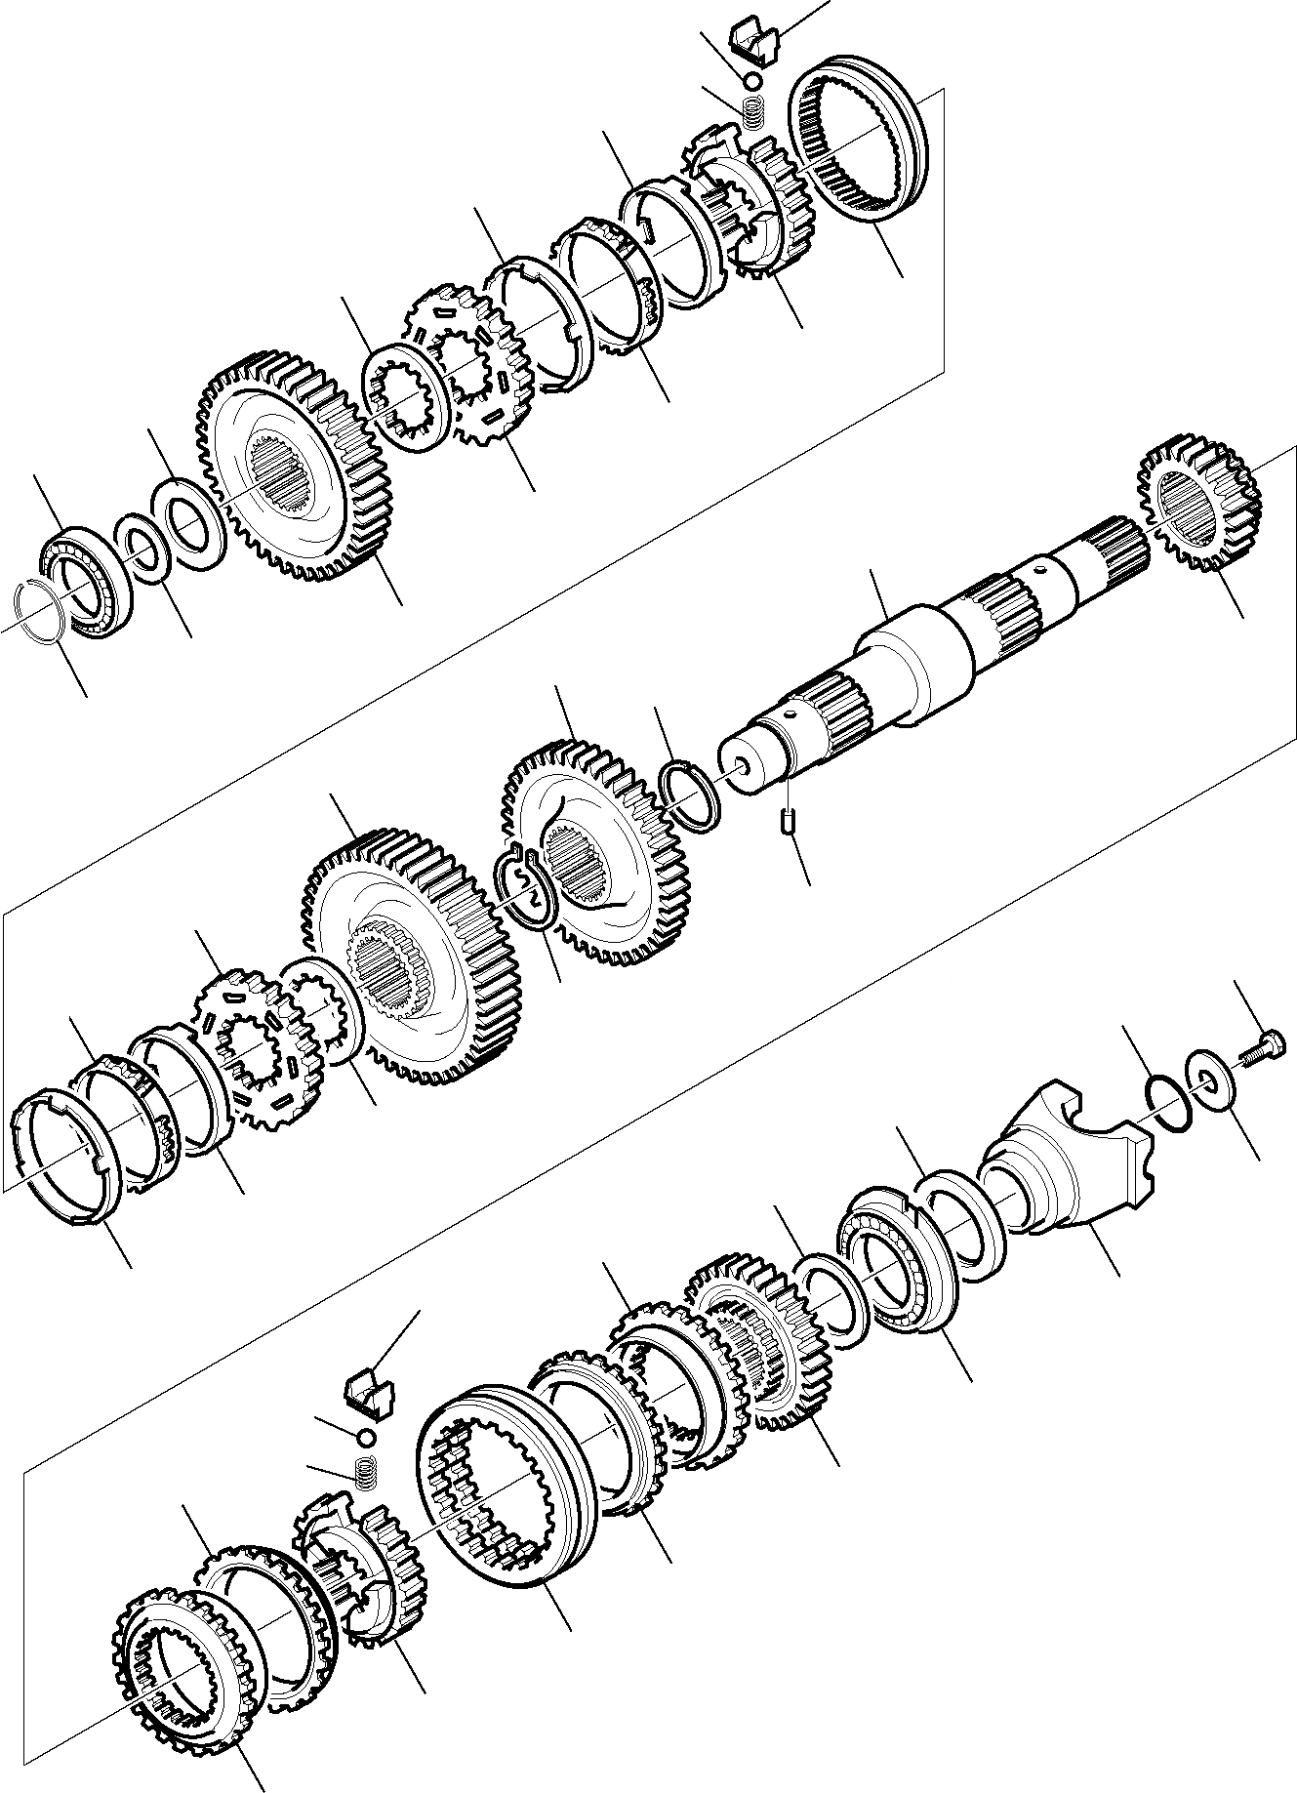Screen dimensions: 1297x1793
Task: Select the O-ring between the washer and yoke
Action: click(x=1168, y=1102)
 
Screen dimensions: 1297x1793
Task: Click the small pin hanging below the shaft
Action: click(x=789, y=822)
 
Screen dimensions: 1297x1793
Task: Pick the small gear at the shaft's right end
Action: click(x=1199, y=514)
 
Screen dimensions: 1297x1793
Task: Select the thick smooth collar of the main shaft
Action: click(x=914, y=664)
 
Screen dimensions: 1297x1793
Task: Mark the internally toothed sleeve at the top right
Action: click(x=865, y=154)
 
